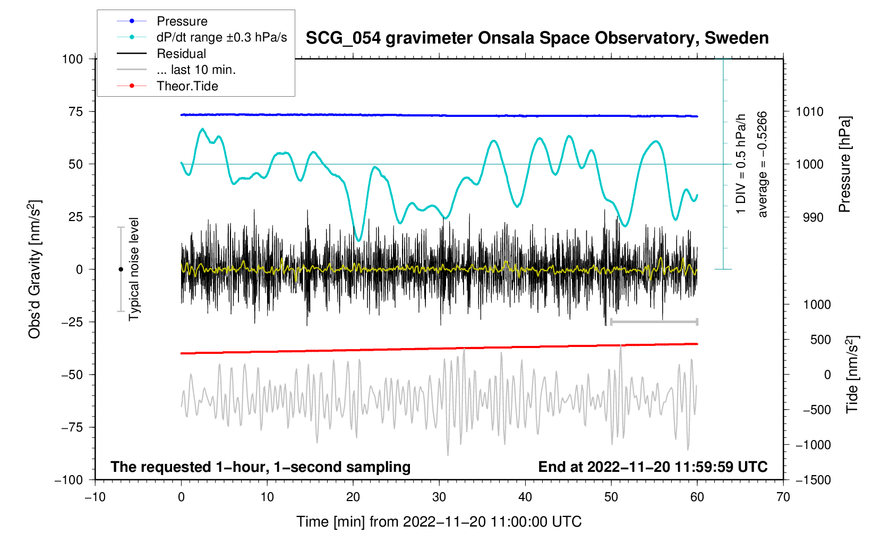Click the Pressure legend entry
(x=182, y=21)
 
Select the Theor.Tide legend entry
(x=187, y=86)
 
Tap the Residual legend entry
(x=181, y=54)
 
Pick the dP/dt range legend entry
(x=221, y=37)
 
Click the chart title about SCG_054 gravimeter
(x=537, y=38)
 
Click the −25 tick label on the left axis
(x=73, y=322)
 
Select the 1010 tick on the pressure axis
(x=809, y=112)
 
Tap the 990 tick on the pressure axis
(x=809, y=217)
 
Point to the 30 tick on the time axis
(x=439, y=497)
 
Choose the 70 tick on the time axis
(x=783, y=497)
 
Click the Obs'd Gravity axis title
(x=35, y=269)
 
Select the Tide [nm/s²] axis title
(x=852, y=375)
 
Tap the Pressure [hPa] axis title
(x=844, y=165)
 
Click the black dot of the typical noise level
(x=121, y=269)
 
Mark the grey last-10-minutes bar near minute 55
(x=654, y=322)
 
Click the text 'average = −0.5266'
(x=763, y=164)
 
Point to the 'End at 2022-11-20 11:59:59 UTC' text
(x=653, y=467)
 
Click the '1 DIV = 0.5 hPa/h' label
(x=741, y=164)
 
